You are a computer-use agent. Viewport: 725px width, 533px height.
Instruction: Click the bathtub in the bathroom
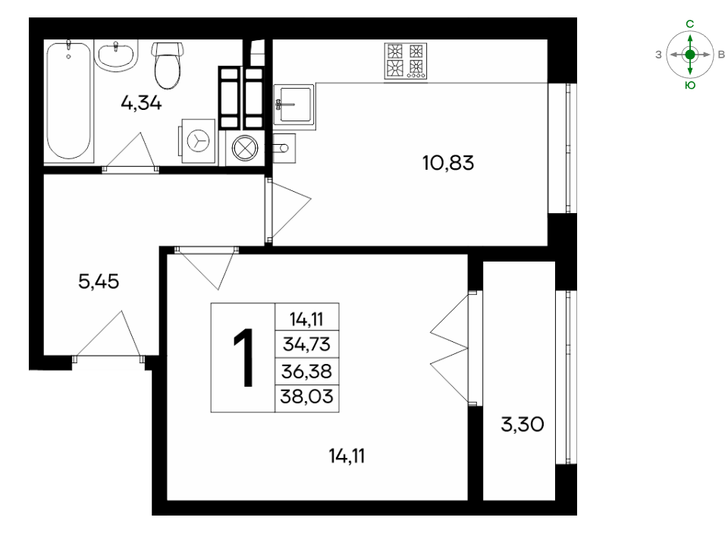point(69,100)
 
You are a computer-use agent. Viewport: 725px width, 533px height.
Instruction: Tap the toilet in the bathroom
point(168,65)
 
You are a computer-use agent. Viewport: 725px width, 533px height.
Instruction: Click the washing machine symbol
point(199,140)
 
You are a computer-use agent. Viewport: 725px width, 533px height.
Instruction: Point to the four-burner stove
point(406,61)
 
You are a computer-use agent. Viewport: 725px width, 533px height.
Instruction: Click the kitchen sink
point(294,105)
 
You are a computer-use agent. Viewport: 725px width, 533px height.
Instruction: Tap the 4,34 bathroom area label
point(142,102)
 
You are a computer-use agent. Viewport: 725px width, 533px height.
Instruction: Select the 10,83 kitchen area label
point(448,163)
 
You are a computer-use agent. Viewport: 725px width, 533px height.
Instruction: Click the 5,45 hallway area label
point(99,281)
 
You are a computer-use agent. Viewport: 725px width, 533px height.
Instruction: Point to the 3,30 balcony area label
point(523,425)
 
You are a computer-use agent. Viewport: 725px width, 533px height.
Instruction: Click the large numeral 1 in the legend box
point(243,357)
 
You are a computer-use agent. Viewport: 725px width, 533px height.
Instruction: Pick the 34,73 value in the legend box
point(306,344)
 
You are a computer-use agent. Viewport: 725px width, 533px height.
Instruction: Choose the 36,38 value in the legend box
point(306,372)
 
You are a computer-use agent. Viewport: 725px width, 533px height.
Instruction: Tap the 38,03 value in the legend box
point(306,397)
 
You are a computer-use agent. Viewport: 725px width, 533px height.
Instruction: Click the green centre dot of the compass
point(690,55)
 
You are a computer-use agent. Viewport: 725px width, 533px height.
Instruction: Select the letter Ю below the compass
point(690,86)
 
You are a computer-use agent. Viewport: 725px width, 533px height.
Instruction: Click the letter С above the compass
point(690,24)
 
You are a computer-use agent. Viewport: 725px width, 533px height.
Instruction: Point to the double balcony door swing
point(450,348)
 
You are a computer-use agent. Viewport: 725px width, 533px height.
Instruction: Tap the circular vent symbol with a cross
point(245,148)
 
